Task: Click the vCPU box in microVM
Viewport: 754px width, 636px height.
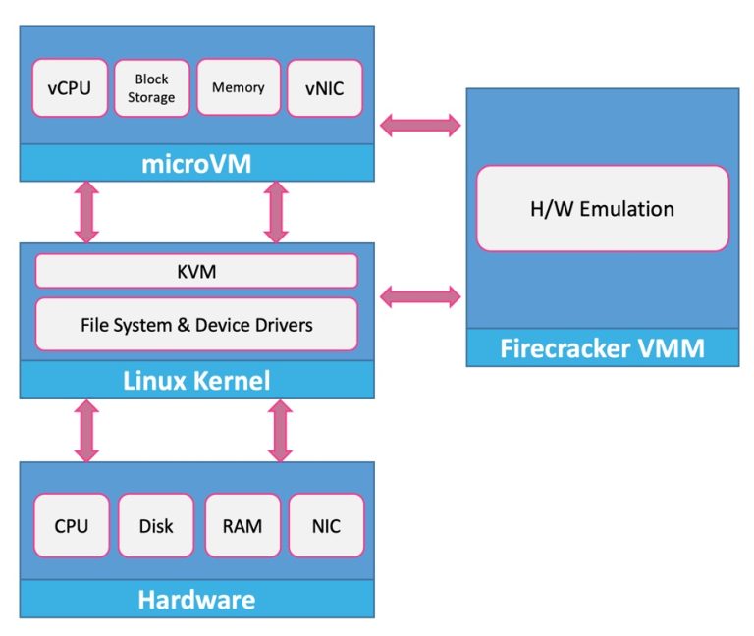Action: pyautogui.click(x=70, y=87)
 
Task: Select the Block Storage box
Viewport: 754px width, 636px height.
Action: pyautogui.click(x=151, y=87)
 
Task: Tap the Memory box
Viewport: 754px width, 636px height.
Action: pyautogui.click(x=238, y=87)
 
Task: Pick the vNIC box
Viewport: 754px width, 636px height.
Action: pyautogui.click(x=324, y=87)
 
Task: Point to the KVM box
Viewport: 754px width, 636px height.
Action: pyautogui.click(x=196, y=271)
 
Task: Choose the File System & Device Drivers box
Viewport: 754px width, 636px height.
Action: pyautogui.click(x=196, y=323)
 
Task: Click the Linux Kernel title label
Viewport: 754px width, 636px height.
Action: pyautogui.click(x=196, y=379)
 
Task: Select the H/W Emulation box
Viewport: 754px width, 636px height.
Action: pyautogui.click(x=603, y=208)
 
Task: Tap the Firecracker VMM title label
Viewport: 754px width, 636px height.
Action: pyautogui.click(x=603, y=347)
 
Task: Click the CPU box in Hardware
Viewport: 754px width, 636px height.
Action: pyautogui.click(x=71, y=526)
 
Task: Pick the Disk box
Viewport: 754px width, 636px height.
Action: pyautogui.click(x=155, y=526)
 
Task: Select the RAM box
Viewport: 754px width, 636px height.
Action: pyautogui.click(x=242, y=526)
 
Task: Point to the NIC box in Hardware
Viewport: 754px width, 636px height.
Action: pyautogui.click(x=326, y=526)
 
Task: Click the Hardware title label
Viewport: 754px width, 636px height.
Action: pyautogui.click(x=196, y=599)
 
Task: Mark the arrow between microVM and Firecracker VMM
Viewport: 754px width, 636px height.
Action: pyautogui.click(x=420, y=124)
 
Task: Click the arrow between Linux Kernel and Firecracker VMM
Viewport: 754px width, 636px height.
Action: pyautogui.click(x=420, y=293)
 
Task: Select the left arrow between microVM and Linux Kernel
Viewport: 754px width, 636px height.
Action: pyautogui.click(x=87, y=211)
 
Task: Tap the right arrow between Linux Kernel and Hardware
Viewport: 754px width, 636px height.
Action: pyautogui.click(x=280, y=430)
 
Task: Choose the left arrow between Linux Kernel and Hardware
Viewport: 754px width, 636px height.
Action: pyautogui.click(x=87, y=430)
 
